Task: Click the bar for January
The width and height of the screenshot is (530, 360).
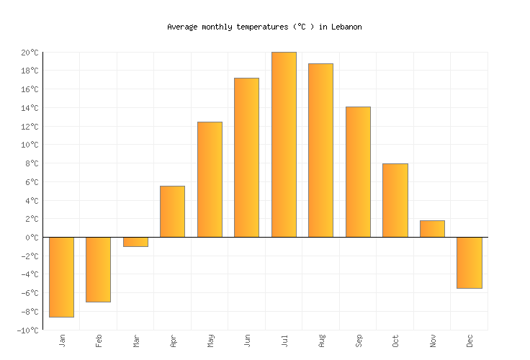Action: click(x=61, y=276)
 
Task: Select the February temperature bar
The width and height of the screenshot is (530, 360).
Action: click(x=98, y=269)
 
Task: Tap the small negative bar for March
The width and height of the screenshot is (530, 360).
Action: click(x=135, y=242)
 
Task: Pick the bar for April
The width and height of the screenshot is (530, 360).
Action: click(x=172, y=212)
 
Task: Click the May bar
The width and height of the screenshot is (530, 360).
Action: click(x=210, y=179)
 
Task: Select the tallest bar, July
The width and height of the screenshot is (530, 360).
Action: click(x=284, y=144)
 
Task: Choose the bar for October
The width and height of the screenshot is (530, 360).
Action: click(x=395, y=200)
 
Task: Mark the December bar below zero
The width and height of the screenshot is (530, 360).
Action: click(x=469, y=262)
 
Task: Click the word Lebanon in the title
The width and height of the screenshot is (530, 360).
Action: click(x=346, y=27)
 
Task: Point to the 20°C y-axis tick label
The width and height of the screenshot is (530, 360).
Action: click(x=29, y=53)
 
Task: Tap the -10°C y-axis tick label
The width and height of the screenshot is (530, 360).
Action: click(x=27, y=330)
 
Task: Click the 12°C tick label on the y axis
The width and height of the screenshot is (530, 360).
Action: click(x=29, y=127)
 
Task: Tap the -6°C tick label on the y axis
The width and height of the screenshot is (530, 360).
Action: click(x=29, y=293)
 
